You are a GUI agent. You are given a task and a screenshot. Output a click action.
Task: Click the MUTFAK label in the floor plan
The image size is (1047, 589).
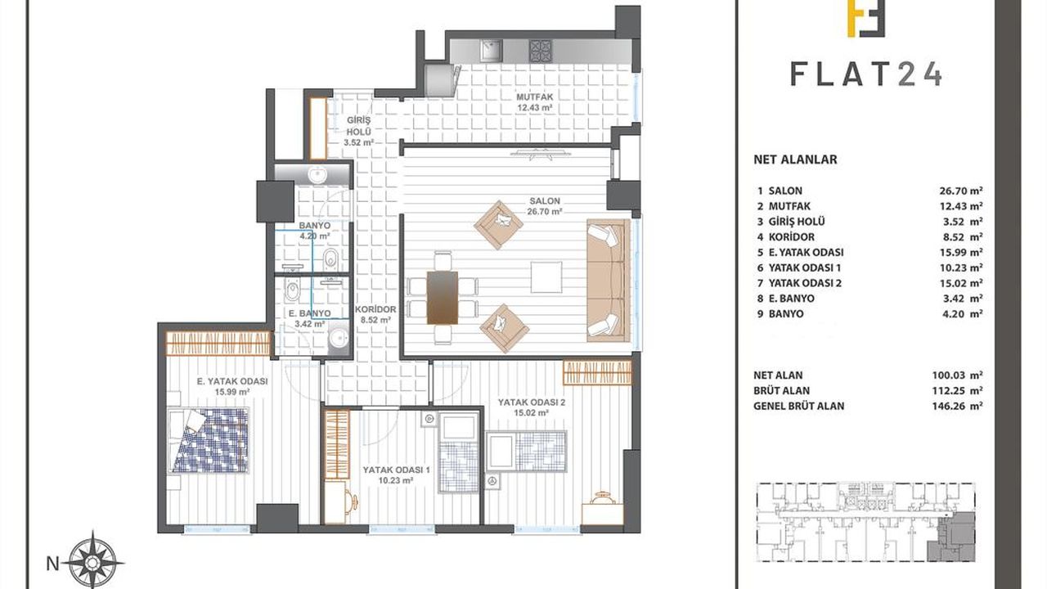click(x=535, y=97)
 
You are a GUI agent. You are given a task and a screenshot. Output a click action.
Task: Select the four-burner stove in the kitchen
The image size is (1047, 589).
click(x=541, y=51)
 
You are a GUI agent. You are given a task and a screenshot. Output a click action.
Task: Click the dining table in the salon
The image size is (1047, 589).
click(x=443, y=298)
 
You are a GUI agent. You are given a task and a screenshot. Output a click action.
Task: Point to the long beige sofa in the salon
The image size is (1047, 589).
click(x=609, y=280)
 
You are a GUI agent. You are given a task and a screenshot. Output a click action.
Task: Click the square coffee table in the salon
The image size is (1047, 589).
click(x=546, y=277)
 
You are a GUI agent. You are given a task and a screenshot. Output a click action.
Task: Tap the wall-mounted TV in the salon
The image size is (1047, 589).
click(x=541, y=153)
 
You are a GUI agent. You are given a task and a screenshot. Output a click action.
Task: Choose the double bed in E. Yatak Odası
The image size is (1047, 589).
click(x=209, y=440)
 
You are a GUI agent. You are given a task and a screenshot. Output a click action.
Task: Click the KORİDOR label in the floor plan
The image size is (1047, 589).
click(x=375, y=309)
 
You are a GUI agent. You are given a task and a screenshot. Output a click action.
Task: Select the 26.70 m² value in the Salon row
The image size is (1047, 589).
click(x=961, y=191)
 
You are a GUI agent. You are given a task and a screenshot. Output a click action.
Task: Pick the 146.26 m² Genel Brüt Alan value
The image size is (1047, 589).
click(x=957, y=406)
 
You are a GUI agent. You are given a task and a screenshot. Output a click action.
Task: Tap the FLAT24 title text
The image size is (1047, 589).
click(x=866, y=74)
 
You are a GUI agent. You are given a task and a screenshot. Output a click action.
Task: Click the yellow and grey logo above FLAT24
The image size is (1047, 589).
click(x=866, y=19)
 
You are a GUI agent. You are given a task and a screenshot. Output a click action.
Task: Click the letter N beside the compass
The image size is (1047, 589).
click(x=53, y=564)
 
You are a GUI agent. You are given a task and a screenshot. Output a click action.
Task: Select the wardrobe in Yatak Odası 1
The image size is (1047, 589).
click(x=337, y=444)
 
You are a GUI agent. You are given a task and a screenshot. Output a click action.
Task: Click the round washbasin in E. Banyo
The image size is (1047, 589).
click(x=339, y=338)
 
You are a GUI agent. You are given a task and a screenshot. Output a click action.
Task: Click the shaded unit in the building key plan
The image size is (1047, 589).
click(x=957, y=537)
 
